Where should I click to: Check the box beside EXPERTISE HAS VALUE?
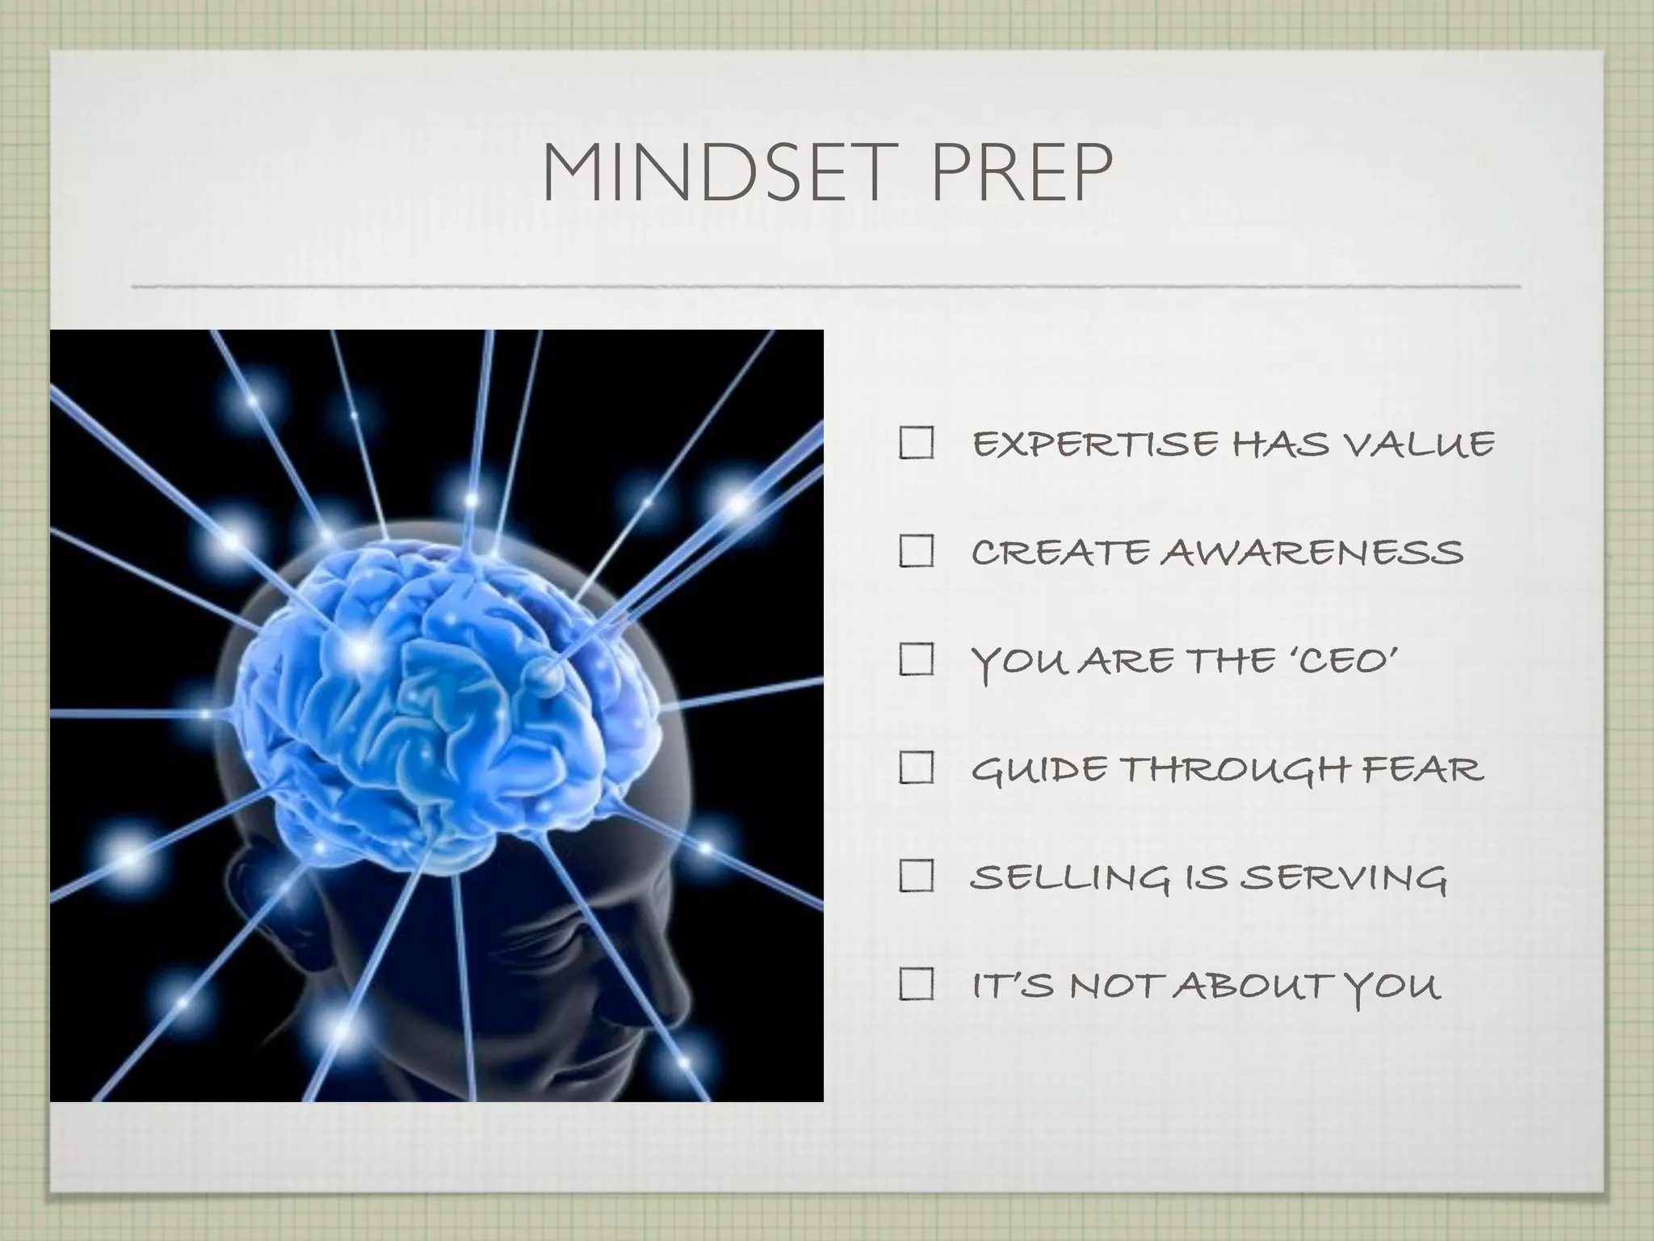click(x=916, y=444)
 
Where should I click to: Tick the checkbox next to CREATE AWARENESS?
click(x=916, y=552)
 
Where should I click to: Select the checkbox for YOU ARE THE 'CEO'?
click(x=916, y=660)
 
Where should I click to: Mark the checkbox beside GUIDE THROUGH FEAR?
click(x=916, y=768)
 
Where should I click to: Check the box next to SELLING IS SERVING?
click(x=916, y=877)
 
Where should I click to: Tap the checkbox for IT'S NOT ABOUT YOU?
click(x=916, y=985)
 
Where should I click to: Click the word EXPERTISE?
click(x=1094, y=444)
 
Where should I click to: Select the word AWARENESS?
click(x=1312, y=553)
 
